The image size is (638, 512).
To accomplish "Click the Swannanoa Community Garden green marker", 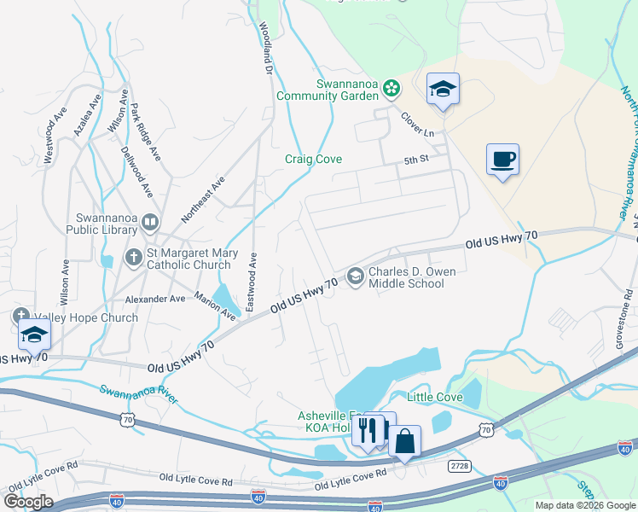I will pyautogui.click(x=391, y=86).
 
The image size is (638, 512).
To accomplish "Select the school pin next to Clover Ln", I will pyautogui.click(x=443, y=90).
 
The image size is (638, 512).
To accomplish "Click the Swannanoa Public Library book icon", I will pyautogui.click(x=150, y=223).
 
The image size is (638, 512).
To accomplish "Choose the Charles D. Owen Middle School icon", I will pyautogui.click(x=355, y=276).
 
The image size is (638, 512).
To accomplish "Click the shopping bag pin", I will pyautogui.click(x=404, y=441).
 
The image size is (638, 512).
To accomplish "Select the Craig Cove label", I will pyautogui.click(x=313, y=160).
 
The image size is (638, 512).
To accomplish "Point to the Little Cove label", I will pyautogui.click(x=434, y=398).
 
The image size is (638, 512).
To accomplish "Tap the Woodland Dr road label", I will pyautogui.click(x=265, y=51).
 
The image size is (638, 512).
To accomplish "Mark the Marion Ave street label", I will pyautogui.click(x=215, y=307).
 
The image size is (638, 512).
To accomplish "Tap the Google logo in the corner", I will pyautogui.click(x=27, y=501).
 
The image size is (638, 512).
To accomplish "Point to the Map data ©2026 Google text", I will pyautogui.click(x=584, y=505).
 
